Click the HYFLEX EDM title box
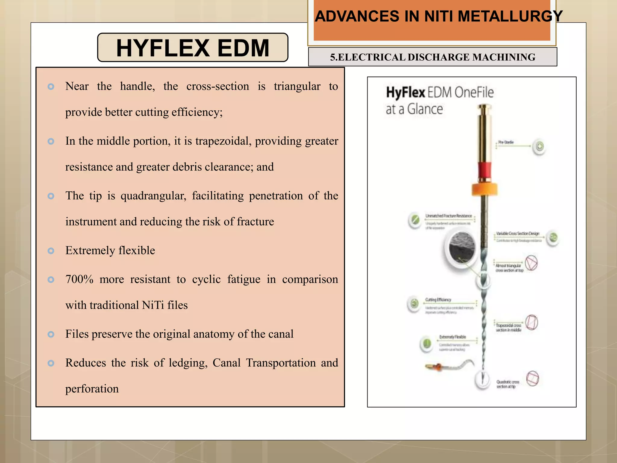point(193,48)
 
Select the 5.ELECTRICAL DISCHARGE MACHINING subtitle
point(433,57)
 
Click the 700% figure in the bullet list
point(79,279)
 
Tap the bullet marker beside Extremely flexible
point(51,251)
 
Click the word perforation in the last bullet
point(92,389)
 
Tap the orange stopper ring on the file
point(484,189)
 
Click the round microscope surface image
point(462,248)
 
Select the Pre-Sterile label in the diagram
point(506,142)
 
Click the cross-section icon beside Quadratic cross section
point(532,379)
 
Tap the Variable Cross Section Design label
point(518,234)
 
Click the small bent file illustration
point(450,366)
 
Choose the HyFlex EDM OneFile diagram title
point(440,93)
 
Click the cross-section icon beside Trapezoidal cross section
point(532,323)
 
